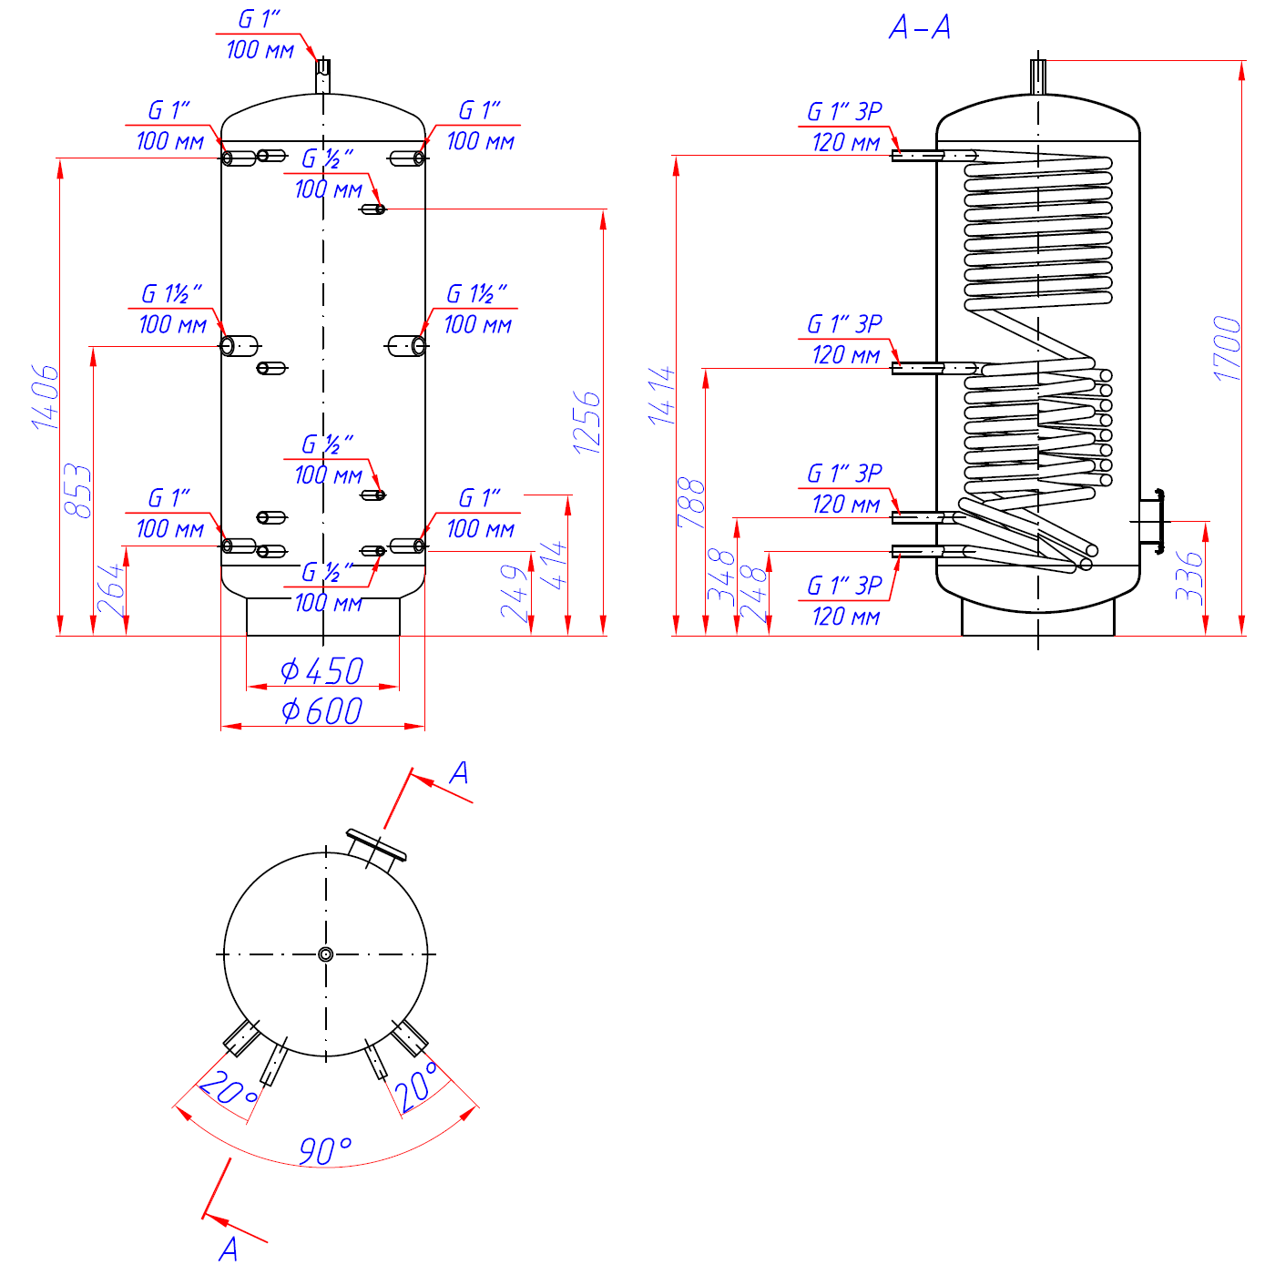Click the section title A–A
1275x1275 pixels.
pyautogui.click(x=920, y=27)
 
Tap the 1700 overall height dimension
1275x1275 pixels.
pyautogui.click(x=1228, y=348)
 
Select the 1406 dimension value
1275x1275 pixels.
pyautogui.click(x=46, y=397)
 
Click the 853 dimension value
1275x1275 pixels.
pyautogui.click(x=78, y=492)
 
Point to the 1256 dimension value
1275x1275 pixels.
pyautogui.click(x=587, y=423)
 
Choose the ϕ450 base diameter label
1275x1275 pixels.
pyautogui.click(x=322, y=672)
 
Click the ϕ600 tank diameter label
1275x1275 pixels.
pyautogui.click(x=322, y=711)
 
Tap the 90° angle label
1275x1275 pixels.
pyautogui.click(x=325, y=1151)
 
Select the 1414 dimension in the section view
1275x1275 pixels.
pyautogui.click(x=662, y=396)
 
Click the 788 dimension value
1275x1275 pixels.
pyautogui.click(x=692, y=503)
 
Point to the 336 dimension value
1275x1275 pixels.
pyautogui.click(x=1189, y=576)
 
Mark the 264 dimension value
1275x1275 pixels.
pyautogui.click(x=110, y=590)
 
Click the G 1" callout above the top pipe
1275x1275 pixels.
pyautogui.click(x=260, y=20)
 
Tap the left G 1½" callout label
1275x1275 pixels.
pyautogui.click(x=171, y=294)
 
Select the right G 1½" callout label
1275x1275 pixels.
pyautogui.click(x=476, y=294)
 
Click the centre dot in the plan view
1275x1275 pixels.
pyautogui.click(x=326, y=954)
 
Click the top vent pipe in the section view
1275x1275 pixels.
pyautogui.click(x=1038, y=76)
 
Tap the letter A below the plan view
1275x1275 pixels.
pyautogui.click(x=229, y=1249)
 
